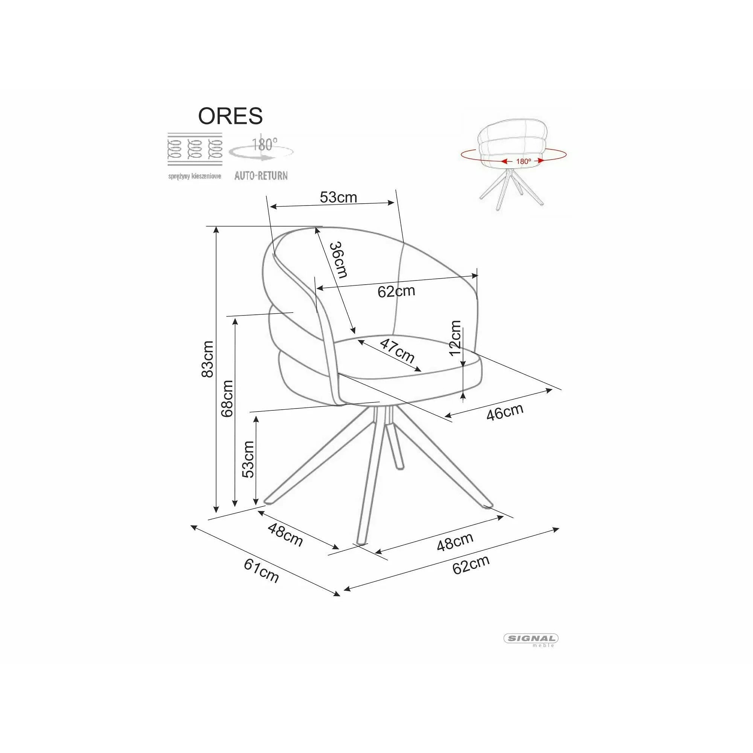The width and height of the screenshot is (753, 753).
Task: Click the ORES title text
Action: tap(230, 116)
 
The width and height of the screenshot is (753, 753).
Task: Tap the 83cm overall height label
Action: tap(207, 358)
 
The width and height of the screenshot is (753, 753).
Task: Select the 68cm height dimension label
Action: tap(226, 398)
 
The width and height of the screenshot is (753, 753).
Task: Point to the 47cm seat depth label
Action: tap(397, 351)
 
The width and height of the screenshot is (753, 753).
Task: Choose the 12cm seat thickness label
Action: tap(455, 338)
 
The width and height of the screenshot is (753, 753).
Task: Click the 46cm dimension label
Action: tap(505, 412)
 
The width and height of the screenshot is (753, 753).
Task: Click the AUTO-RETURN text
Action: tap(261, 176)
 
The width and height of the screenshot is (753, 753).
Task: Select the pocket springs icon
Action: tap(195, 149)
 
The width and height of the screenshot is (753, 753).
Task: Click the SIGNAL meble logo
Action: tap(531, 639)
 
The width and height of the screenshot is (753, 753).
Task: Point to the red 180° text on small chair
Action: tap(523, 161)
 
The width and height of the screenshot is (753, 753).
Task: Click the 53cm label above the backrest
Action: tap(338, 197)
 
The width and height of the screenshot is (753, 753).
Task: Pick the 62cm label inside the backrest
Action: tap(396, 291)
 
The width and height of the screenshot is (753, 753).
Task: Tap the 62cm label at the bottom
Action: tap(471, 564)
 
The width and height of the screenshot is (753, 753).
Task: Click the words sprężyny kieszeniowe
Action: tap(195, 176)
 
